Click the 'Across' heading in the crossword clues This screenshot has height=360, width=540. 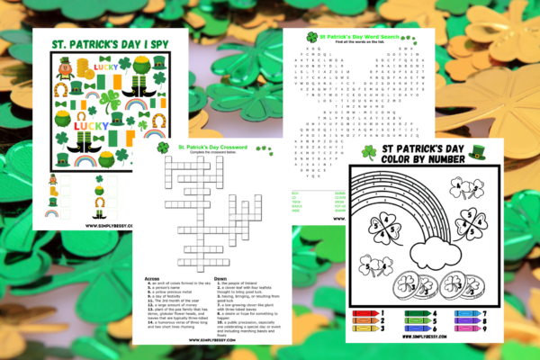click(153, 279)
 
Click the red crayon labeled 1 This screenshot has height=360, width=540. click(366, 314)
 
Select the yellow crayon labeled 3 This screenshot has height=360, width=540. click(366, 329)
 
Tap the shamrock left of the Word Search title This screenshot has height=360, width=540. click(312, 37)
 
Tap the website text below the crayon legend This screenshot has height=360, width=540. click(422, 339)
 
